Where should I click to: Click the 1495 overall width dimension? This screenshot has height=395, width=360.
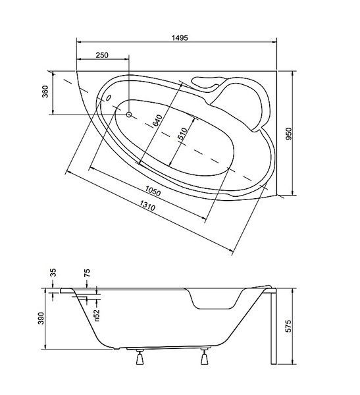pos(180,38)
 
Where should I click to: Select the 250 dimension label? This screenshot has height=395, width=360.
pos(102,55)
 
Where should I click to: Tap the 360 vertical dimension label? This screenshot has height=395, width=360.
pos(45,92)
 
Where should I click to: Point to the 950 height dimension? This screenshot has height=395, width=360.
pos(289,134)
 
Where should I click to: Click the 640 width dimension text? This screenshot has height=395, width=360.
pos(157,120)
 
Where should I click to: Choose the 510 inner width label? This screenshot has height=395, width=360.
pos(182,134)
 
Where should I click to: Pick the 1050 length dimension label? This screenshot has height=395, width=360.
pos(153,191)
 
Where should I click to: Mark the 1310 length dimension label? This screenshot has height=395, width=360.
pos(147,205)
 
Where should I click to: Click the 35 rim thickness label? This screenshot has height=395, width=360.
pos(53,273)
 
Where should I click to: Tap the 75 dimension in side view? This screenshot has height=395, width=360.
pos(87,273)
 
